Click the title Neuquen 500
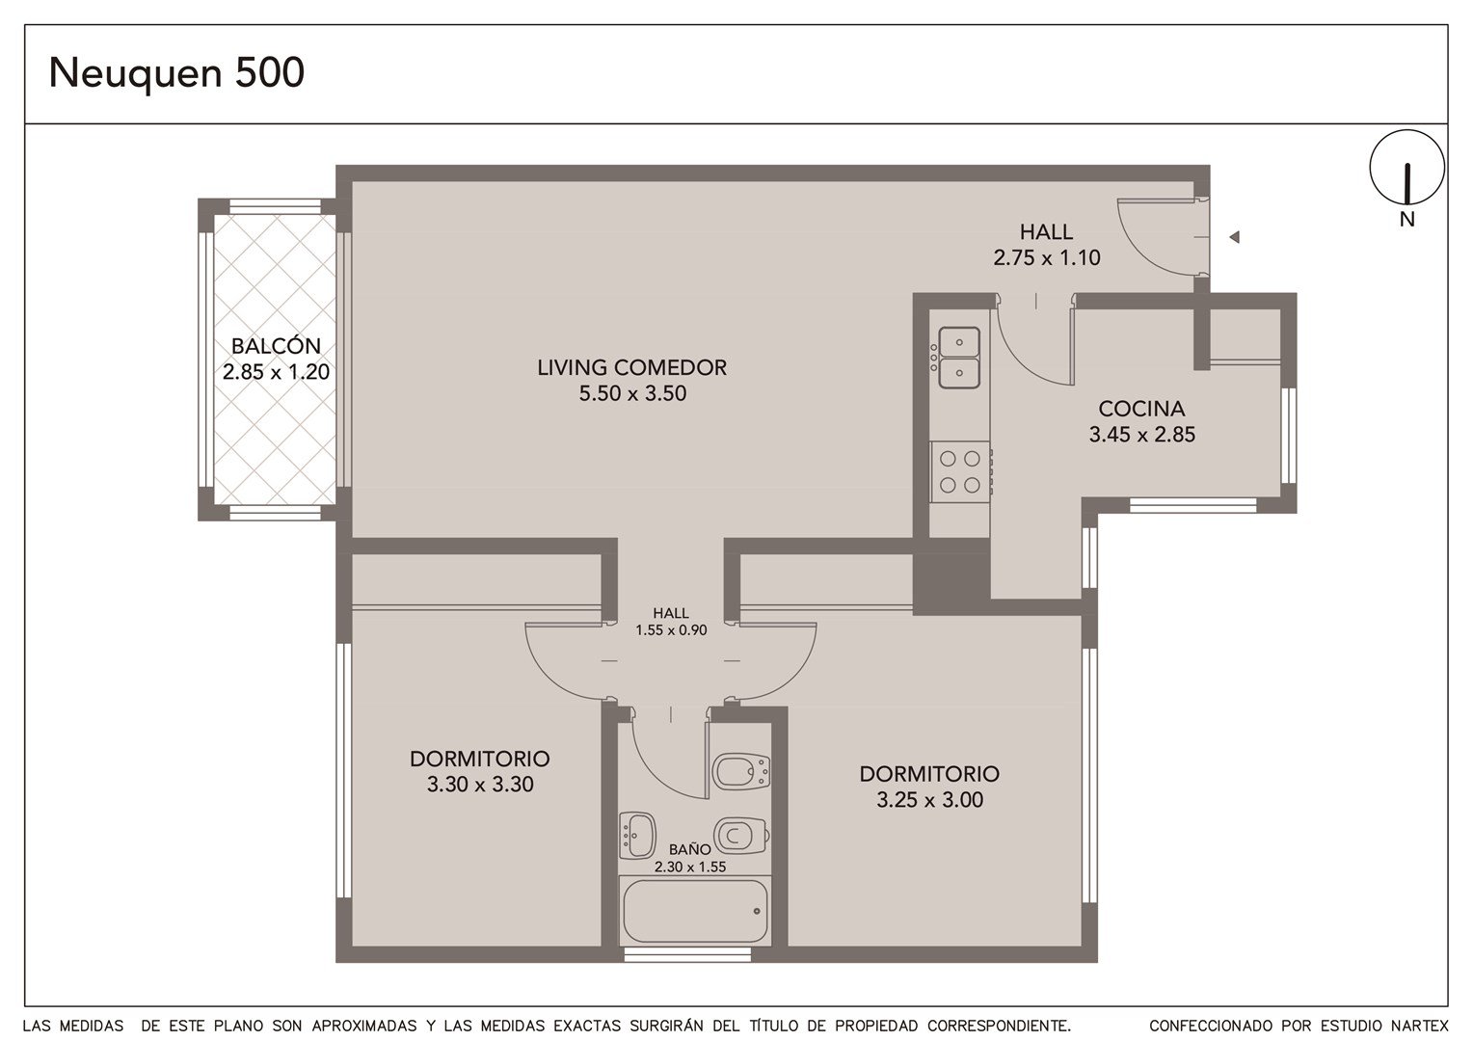176,73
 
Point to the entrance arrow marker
1234,237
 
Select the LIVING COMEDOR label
632,367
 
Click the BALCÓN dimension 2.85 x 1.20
276,372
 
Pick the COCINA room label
1141,409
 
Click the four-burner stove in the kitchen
959,471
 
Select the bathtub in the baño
695,911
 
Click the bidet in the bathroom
740,771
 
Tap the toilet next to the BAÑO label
741,835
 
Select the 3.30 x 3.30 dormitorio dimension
480,784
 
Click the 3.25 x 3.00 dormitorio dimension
930,800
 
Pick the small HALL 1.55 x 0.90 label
671,622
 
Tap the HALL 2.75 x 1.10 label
1046,245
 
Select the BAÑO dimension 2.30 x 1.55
690,867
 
